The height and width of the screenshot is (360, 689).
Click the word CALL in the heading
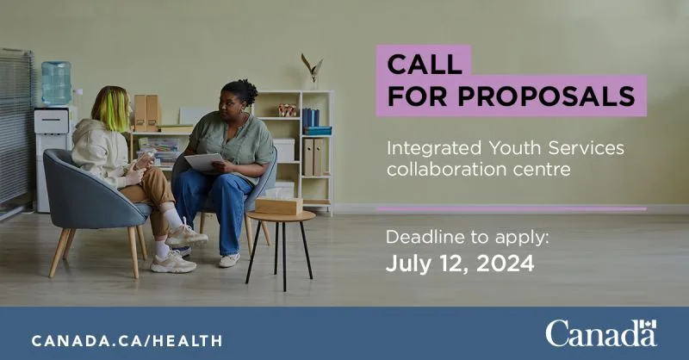click(x=425, y=65)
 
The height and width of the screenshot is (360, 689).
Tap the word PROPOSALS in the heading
click(x=547, y=96)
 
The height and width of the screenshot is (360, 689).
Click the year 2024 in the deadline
click(x=506, y=264)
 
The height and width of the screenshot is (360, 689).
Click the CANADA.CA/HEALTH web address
click(x=127, y=341)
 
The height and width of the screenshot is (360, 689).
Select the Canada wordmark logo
click(x=601, y=333)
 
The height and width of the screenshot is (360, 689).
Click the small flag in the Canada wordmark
click(x=648, y=325)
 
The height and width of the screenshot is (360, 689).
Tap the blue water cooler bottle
click(x=56, y=83)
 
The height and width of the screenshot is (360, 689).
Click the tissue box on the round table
click(x=279, y=205)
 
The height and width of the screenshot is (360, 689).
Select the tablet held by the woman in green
click(x=204, y=161)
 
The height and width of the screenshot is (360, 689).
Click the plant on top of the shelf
click(x=312, y=68)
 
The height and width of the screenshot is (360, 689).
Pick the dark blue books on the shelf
click(x=311, y=118)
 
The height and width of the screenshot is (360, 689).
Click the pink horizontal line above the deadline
click(x=512, y=208)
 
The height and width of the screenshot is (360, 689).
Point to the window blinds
click(x=16, y=127)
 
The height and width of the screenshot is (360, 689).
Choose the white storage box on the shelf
click(x=284, y=151)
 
